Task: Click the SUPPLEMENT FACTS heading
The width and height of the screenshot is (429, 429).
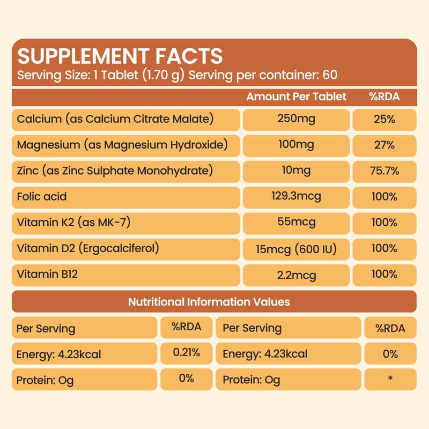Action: (120, 56)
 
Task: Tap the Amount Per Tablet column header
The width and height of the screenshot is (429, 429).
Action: (296, 97)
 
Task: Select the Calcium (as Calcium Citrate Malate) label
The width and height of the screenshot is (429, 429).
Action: (115, 119)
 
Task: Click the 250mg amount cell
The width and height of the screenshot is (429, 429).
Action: (296, 119)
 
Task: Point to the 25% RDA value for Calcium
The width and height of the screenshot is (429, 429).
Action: (384, 119)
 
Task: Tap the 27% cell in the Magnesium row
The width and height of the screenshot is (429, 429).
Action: (384, 145)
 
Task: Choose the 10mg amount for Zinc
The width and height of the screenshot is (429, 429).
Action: (296, 171)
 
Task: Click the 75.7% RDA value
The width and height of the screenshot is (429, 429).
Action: (384, 171)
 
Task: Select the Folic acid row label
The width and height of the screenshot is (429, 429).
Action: (42, 196)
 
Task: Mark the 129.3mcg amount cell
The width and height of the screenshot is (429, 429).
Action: (296, 196)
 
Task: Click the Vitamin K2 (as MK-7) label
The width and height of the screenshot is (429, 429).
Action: (73, 222)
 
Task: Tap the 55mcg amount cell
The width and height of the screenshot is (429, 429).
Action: (296, 222)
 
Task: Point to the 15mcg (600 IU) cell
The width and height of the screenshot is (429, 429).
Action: (296, 249)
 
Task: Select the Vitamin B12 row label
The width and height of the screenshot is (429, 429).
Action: (44, 274)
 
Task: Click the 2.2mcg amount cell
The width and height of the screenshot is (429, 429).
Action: (296, 275)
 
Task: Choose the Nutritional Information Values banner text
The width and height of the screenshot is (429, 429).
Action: (209, 302)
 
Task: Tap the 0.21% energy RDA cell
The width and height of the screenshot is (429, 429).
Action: (186, 353)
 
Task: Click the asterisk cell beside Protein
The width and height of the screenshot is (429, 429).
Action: (390, 379)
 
